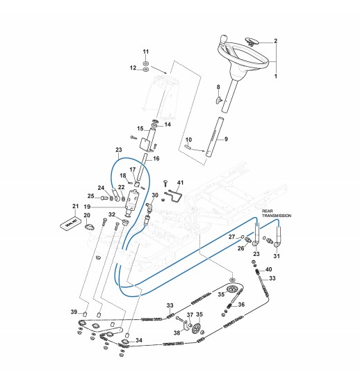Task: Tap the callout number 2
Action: (x=276, y=41)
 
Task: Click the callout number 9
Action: (x=226, y=139)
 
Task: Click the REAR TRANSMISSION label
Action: (x=277, y=214)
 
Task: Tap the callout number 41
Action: (x=181, y=182)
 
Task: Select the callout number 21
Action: (x=75, y=206)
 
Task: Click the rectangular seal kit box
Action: (x=69, y=223)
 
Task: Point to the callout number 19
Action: (x=87, y=207)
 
